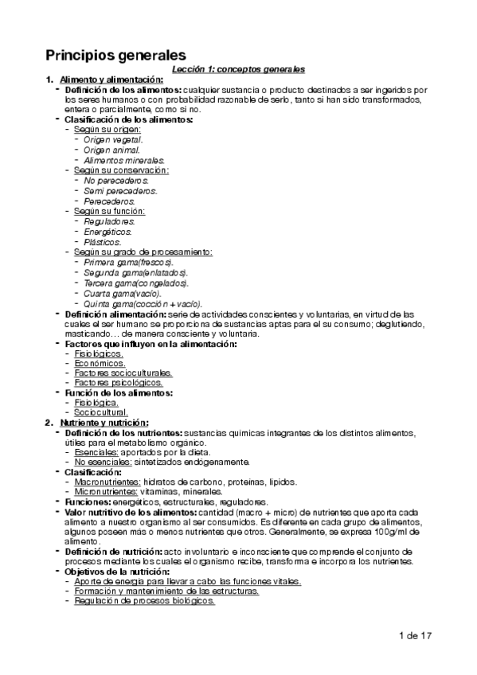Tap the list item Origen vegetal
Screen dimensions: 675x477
[x=112, y=139]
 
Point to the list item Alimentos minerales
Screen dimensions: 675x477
[x=119, y=159]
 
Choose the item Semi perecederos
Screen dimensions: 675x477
[x=120, y=190]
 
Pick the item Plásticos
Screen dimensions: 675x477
[x=103, y=242]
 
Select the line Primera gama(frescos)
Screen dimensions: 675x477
[x=128, y=263]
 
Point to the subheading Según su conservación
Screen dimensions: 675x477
[x=121, y=170]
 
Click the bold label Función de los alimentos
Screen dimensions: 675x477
[x=119, y=392]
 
